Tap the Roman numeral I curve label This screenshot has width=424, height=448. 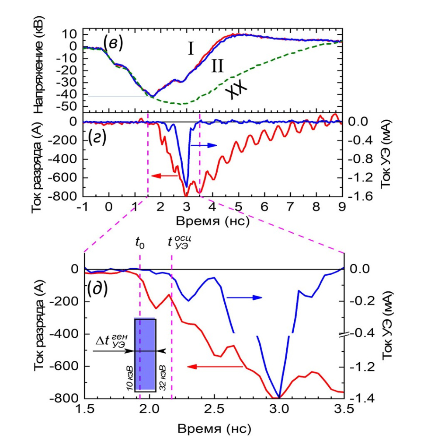191,49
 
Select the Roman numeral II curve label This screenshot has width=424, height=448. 217,66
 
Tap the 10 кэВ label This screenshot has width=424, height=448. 129,377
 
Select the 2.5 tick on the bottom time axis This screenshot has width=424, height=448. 214,409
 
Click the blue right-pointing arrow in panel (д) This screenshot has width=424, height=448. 245,297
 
